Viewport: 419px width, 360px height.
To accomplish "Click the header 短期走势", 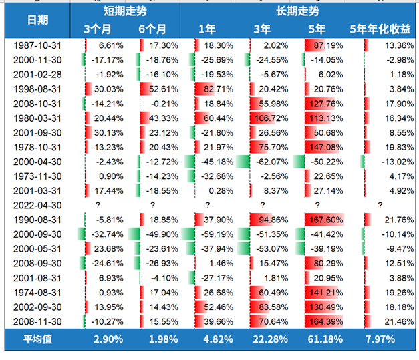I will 124,11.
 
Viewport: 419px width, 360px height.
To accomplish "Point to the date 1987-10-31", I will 37,45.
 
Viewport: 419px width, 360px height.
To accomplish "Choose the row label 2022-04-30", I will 37,206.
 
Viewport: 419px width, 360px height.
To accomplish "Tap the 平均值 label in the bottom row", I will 37,339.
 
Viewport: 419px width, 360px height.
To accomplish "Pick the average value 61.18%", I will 325,339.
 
